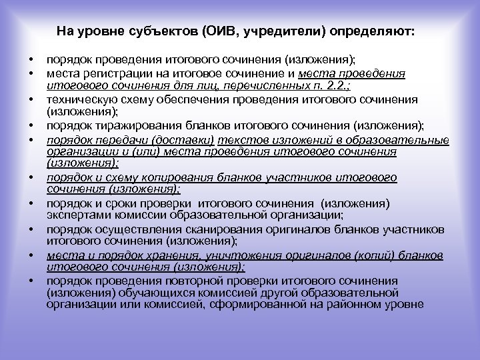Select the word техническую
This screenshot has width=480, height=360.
pyautogui.click(x=75, y=99)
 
